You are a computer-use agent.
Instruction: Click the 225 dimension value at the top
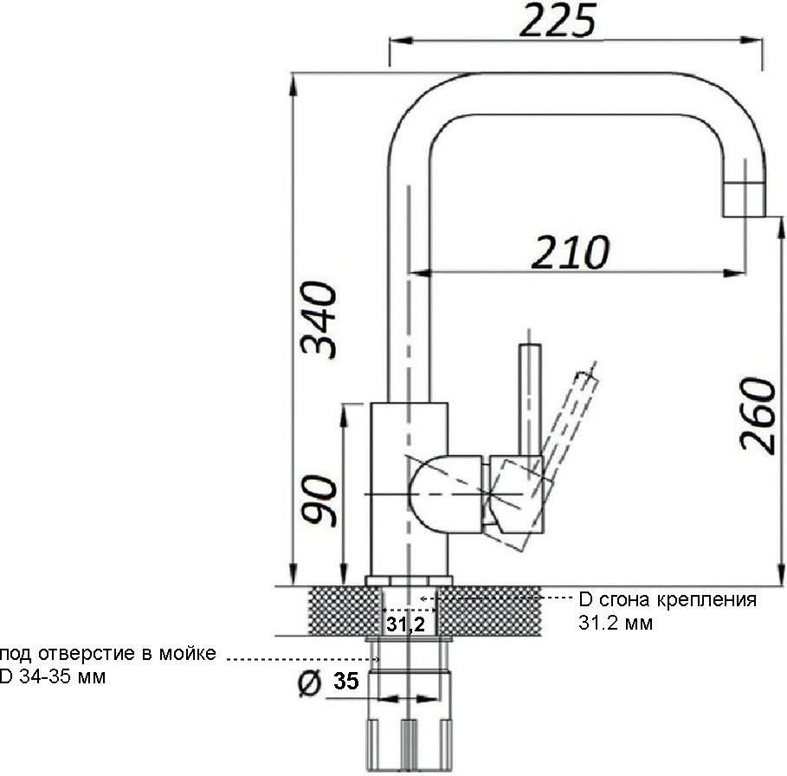558,21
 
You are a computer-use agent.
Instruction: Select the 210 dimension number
571,252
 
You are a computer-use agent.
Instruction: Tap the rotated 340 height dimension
319,320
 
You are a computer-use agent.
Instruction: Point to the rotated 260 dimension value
758,416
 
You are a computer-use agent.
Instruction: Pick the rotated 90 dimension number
319,500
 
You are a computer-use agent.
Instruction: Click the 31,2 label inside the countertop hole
405,624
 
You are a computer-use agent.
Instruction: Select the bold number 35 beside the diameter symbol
346,681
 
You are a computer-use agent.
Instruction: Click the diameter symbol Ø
309,683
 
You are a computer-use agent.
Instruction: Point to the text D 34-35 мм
53,676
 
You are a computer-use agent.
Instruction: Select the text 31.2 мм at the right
616,623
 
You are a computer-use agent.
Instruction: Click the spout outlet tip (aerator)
744,199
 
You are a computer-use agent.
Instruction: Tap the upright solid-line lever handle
530,399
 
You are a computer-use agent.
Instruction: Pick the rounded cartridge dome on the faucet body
447,494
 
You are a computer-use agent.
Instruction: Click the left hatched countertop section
344,611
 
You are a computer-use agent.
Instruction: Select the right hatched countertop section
489,611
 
